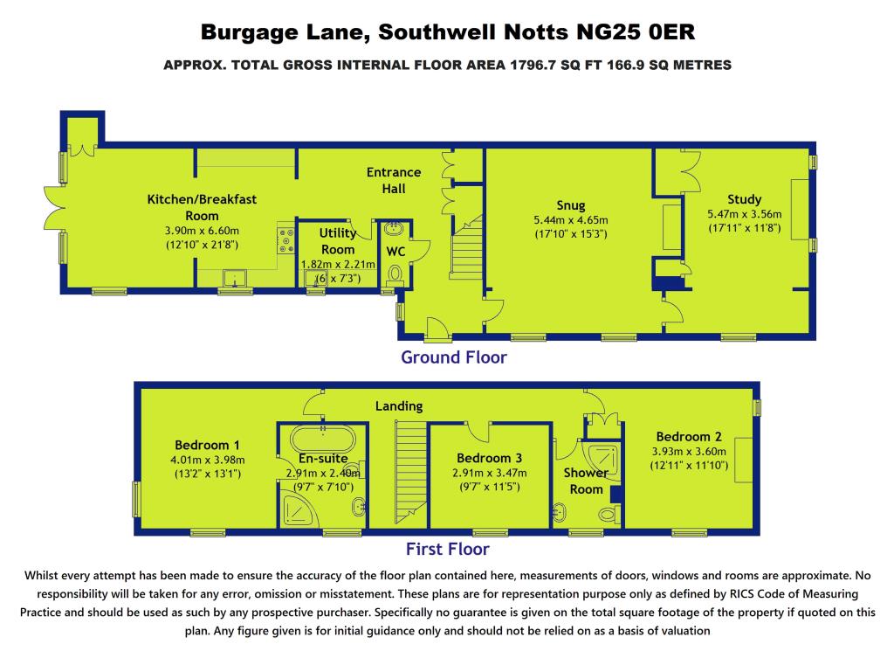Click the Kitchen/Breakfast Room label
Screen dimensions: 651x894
tap(202, 207)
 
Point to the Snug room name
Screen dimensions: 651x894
tap(571, 206)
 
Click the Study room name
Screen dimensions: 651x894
tap(744, 199)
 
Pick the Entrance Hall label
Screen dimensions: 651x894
tap(393, 180)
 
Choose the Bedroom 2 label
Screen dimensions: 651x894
tap(689, 437)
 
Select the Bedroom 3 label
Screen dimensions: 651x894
tap(489, 458)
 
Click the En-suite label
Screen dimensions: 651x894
tap(323, 458)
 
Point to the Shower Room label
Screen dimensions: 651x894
tap(586, 481)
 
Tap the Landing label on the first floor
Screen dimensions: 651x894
tap(399, 405)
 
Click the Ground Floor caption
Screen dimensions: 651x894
tap(453, 357)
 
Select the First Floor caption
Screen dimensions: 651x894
tap(447, 550)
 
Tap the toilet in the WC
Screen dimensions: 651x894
tap(394, 274)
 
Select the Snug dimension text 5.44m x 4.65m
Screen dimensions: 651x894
tap(570, 220)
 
